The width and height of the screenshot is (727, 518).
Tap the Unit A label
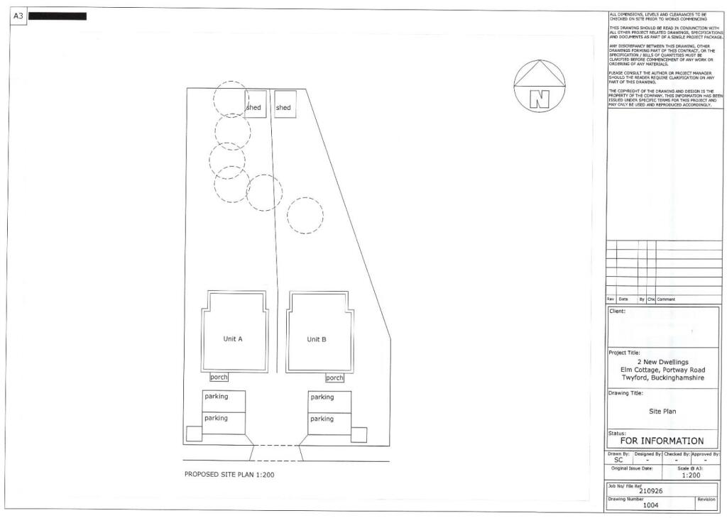click(233, 339)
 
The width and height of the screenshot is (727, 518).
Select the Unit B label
click(317, 340)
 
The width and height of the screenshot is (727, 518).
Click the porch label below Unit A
click(219, 378)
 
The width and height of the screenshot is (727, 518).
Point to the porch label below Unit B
click(334, 378)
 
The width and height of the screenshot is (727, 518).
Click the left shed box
click(256, 104)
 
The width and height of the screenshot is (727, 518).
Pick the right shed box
click(285, 104)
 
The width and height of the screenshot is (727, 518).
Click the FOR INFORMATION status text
click(662, 441)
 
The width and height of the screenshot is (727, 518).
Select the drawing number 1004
click(651, 505)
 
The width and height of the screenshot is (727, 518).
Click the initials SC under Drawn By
click(618, 461)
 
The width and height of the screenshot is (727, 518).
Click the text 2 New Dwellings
click(663, 362)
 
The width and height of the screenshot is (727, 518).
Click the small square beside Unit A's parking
click(194, 434)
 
